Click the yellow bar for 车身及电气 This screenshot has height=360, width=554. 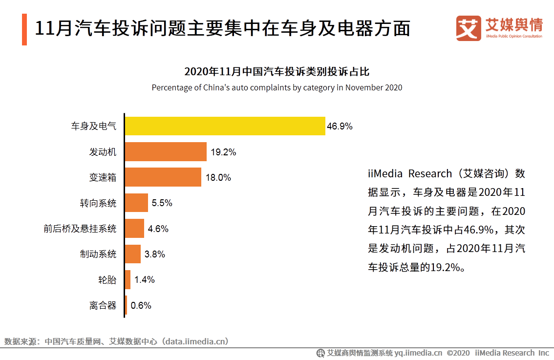click(225, 126)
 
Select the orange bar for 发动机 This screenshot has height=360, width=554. click(166, 152)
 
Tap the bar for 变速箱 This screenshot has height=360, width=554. click(163, 177)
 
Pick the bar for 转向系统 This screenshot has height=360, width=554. click(136, 203)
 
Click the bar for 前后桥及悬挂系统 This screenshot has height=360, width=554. click(134, 228)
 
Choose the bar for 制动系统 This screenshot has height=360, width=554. click(133, 254)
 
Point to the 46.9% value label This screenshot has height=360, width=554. click(340, 127)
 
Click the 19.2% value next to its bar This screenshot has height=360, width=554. click(223, 152)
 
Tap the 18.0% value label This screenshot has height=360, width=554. click(218, 178)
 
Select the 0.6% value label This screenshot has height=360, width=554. click(141, 306)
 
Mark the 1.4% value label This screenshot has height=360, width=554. click(145, 280)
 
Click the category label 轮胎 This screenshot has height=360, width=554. click(107, 280)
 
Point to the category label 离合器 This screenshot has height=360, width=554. click(103, 306)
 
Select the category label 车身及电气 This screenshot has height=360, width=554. click(94, 127)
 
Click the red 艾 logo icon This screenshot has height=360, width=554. click(469, 28)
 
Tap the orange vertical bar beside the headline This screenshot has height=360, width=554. click(24, 29)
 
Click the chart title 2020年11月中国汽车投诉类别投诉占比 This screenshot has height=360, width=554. click(277, 72)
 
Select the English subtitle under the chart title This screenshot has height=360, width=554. click(277, 88)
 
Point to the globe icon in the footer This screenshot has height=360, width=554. click(320, 353)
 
